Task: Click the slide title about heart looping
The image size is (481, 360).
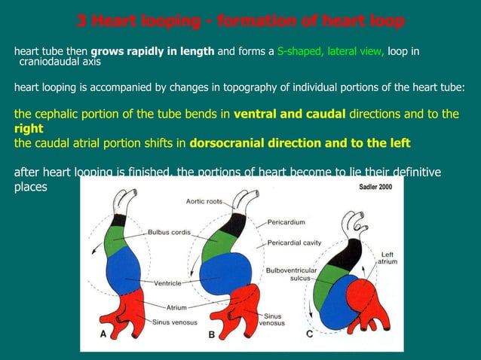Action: tap(240, 20)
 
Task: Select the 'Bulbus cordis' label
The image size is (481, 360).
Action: tap(169, 232)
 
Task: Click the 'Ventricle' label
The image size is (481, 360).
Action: tap(170, 283)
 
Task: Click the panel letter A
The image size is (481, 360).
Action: tap(104, 336)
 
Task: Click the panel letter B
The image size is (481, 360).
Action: tap(212, 336)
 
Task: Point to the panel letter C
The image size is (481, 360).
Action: tap(310, 336)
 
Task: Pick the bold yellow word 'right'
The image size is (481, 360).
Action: tap(29, 129)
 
